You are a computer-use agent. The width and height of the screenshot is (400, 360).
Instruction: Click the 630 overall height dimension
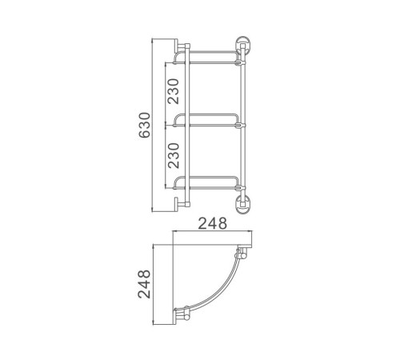[145, 125]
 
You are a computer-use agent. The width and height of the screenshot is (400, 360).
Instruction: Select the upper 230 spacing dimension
[174, 91]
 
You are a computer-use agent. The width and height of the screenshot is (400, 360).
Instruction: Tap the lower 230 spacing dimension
[174, 155]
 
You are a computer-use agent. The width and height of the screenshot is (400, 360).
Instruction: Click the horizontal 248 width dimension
[212, 223]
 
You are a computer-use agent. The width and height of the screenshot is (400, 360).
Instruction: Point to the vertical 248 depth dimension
[144, 284]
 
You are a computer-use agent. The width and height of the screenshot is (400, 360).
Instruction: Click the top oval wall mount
[242, 46]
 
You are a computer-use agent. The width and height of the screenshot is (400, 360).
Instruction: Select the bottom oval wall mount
[242, 205]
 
